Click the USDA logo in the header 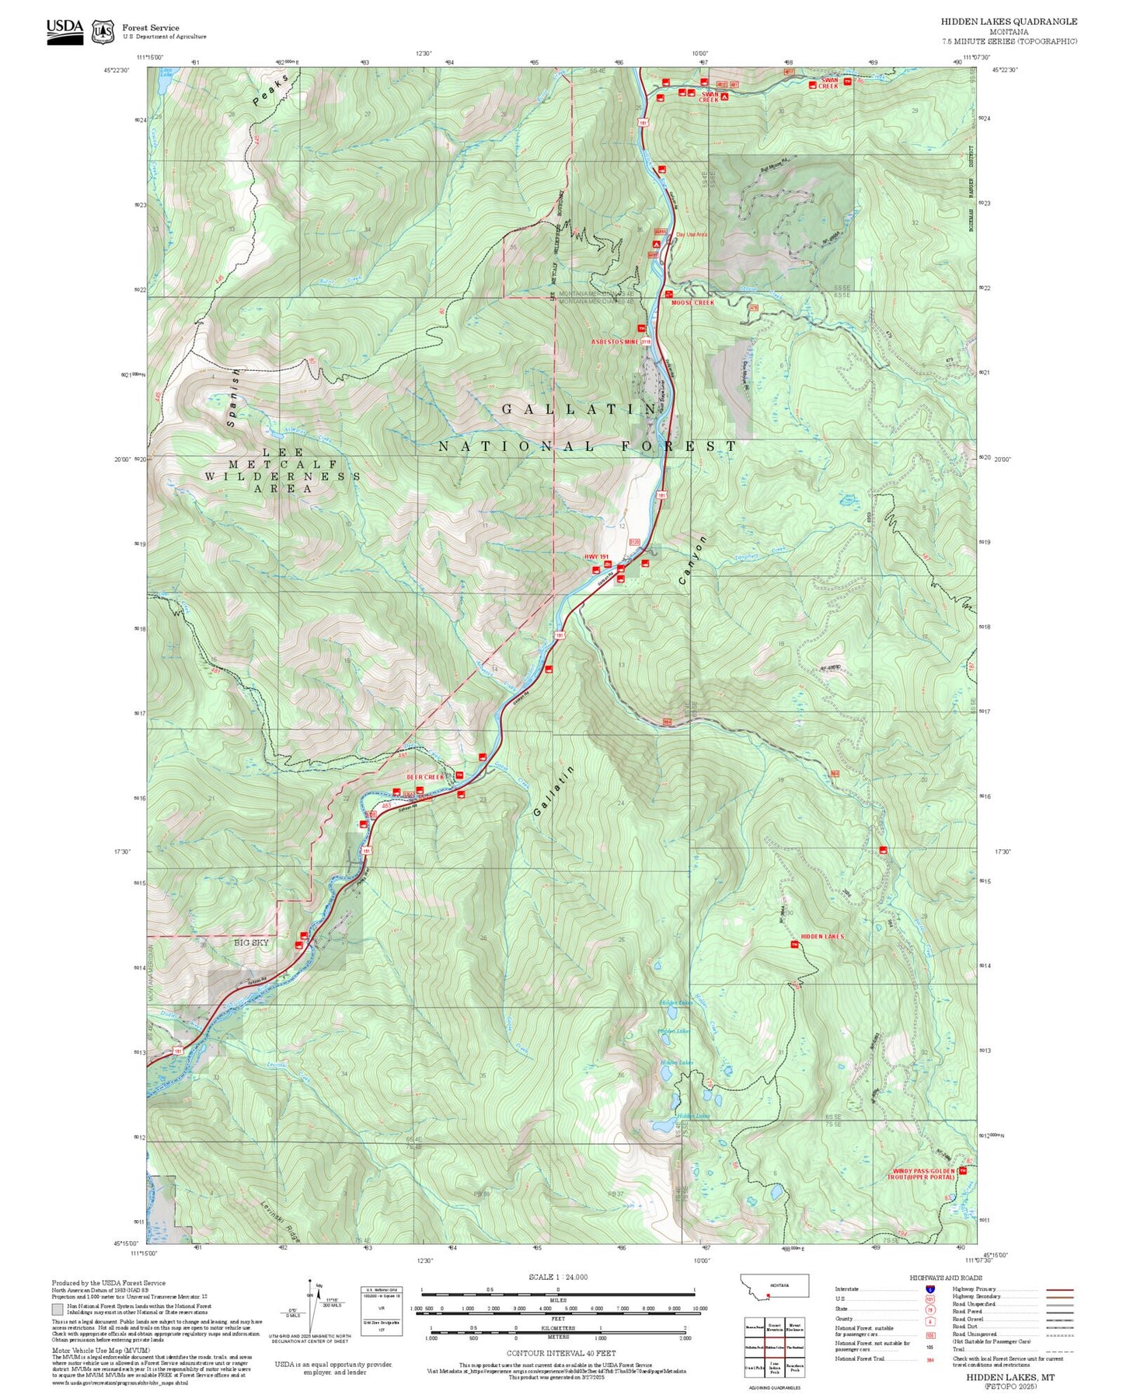coord(65,30)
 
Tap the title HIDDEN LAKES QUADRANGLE coord(1009,22)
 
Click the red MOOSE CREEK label coord(692,302)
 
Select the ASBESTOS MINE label coord(615,341)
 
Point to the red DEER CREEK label coord(425,777)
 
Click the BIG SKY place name coord(252,942)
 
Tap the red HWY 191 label coord(597,557)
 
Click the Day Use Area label coord(692,234)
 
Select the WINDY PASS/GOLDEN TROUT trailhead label coord(923,1173)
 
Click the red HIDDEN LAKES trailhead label coord(822,936)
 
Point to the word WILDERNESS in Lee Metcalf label coord(283,476)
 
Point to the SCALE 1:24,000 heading coord(558,1278)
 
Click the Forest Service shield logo coord(103,31)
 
